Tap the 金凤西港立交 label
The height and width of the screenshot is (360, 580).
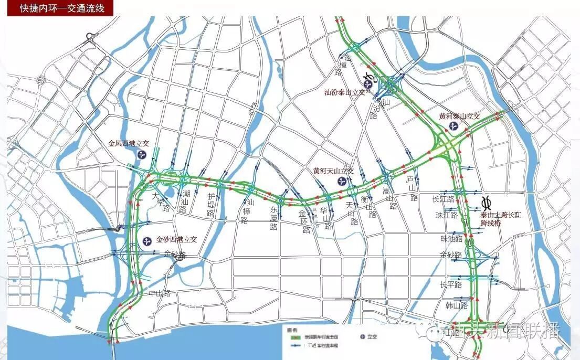pyautogui.click(x=129, y=143)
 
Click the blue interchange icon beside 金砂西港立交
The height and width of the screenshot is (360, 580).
pyautogui.click(x=146, y=240)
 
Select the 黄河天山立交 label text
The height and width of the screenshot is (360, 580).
pyautogui.click(x=333, y=171)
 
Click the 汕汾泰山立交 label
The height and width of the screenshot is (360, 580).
pyautogui.click(x=347, y=92)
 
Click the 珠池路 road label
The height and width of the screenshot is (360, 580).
pyautogui.click(x=451, y=239)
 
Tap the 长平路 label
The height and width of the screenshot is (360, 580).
pyautogui.click(x=450, y=284)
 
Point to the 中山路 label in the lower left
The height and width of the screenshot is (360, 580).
pyautogui.click(x=160, y=293)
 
